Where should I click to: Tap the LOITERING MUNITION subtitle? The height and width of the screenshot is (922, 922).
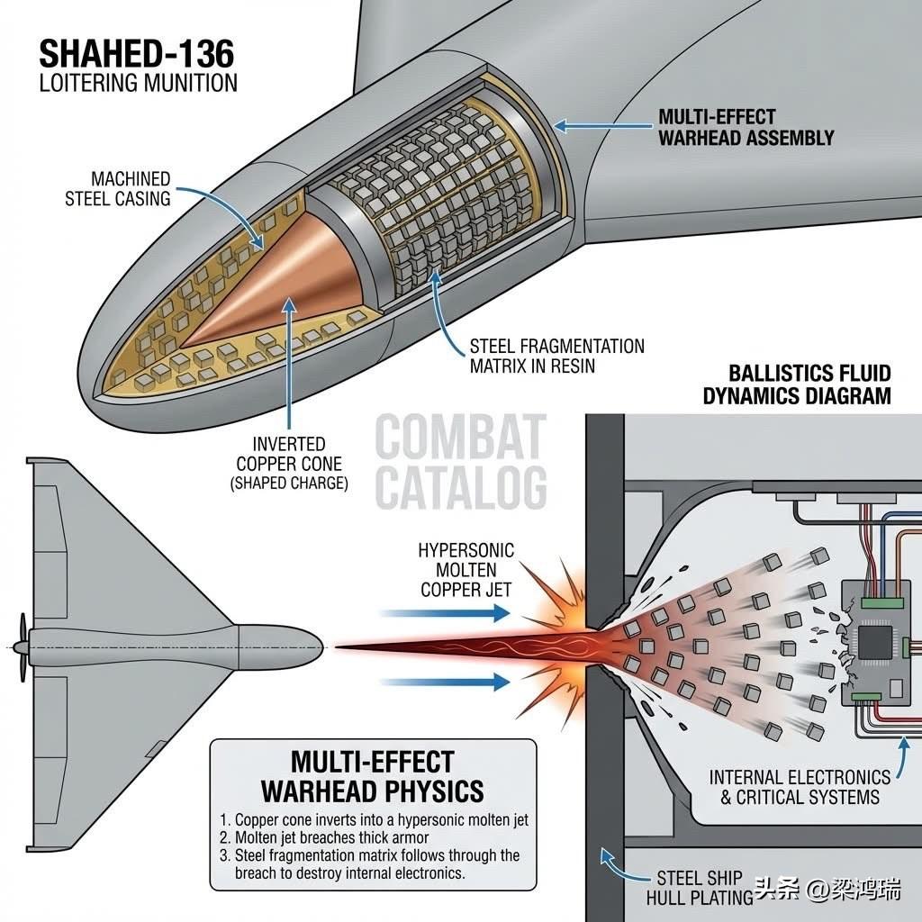(x=137, y=84)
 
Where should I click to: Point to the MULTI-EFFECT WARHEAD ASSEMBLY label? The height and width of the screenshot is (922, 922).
(x=746, y=127)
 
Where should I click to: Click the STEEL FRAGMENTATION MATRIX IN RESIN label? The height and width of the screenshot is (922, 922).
(x=556, y=356)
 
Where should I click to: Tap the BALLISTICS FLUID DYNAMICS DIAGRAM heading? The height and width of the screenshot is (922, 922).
(x=809, y=384)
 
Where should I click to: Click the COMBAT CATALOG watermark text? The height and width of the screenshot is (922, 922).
(x=460, y=462)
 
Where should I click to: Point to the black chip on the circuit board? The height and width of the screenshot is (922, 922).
(x=872, y=642)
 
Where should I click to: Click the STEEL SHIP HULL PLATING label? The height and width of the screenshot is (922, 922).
(x=700, y=886)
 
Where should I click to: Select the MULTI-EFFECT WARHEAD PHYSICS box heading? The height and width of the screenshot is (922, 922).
(x=372, y=776)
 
